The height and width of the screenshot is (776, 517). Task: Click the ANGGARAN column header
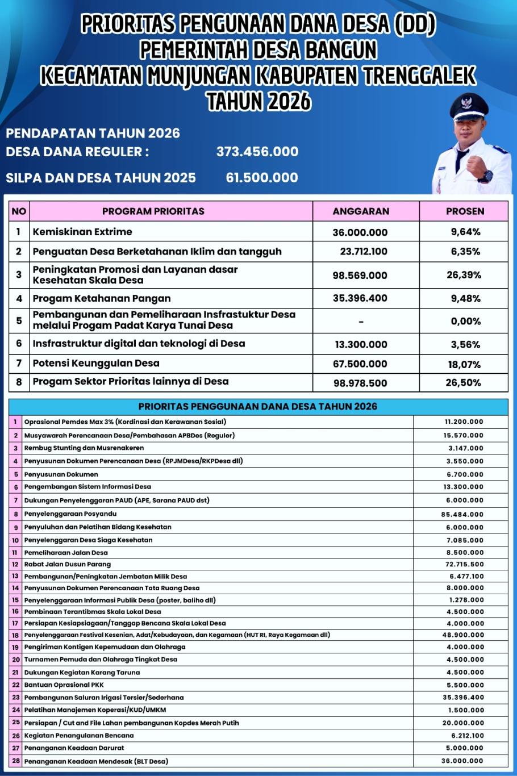361,211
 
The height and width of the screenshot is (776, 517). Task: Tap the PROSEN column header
465,211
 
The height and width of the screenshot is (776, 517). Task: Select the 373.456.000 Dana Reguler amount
257,152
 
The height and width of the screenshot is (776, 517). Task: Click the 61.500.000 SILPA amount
262,178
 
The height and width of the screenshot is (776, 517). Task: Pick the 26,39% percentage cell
464,275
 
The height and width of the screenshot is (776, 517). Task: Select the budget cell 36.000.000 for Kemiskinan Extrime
360,232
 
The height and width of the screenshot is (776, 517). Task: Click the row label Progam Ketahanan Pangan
102,298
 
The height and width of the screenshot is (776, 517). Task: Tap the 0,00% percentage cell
465,322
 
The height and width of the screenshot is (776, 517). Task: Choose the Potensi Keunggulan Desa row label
96,363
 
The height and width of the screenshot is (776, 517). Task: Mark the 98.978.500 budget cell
360,383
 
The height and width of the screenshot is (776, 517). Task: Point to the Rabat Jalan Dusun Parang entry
68,564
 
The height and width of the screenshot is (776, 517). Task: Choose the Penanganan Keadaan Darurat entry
74,748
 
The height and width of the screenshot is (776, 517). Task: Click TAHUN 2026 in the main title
258,102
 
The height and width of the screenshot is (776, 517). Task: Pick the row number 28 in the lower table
15,761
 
